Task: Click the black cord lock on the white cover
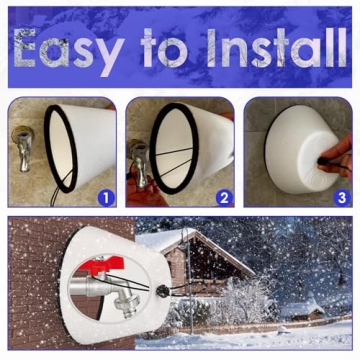[x=160, y=294]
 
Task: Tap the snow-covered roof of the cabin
[x=195, y=246]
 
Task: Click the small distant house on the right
[x=301, y=309]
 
